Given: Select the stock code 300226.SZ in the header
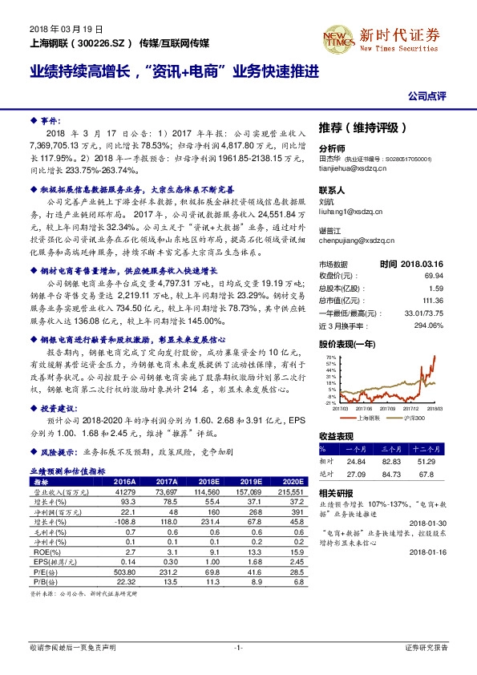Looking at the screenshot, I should tap(100, 39).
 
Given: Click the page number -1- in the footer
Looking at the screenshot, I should tap(238, 646).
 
